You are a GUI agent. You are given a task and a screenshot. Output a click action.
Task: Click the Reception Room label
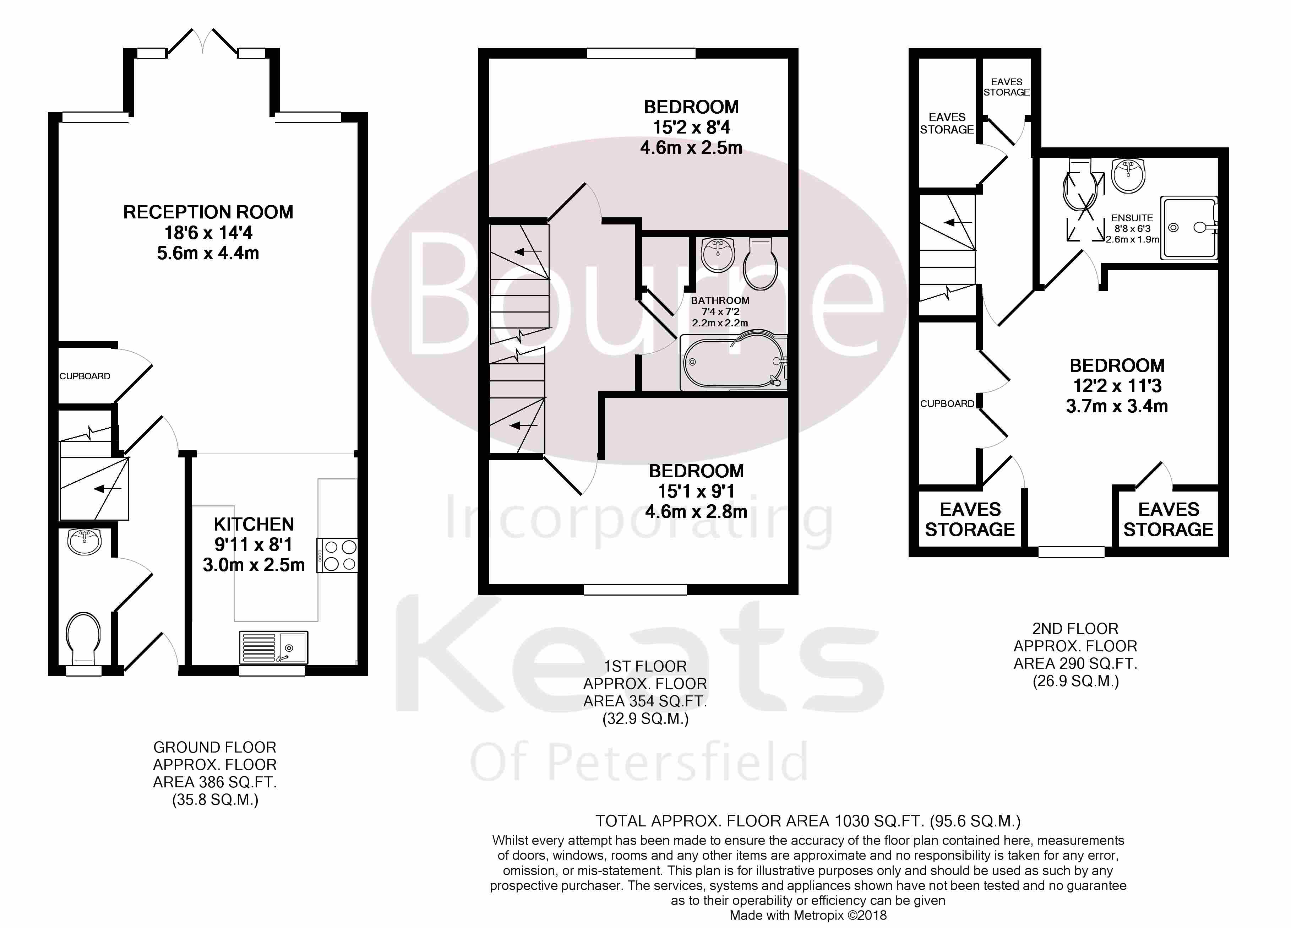(x=208, y=212)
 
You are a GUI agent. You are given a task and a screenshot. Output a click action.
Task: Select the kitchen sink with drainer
(x=273, y=647)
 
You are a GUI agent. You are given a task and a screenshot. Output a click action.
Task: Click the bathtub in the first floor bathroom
(x=733, y=363)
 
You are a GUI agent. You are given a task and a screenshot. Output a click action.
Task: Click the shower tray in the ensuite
(x=1188, y=228)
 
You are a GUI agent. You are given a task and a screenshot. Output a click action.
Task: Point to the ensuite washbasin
(x=1128, y=175)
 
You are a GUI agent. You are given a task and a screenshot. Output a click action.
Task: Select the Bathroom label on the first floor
(x=720, y=300)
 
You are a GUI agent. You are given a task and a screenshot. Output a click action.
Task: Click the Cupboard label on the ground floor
(x=85, y=376)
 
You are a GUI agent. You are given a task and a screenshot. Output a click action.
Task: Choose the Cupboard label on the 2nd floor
(x=947, y=404)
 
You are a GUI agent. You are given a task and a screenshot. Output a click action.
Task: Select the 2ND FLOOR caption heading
(x=1075, y=629)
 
